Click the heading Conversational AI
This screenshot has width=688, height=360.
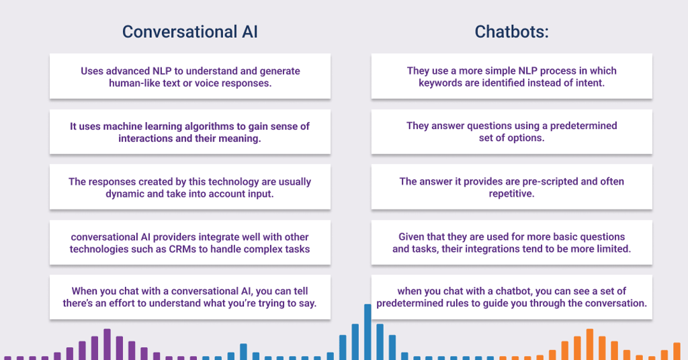190,32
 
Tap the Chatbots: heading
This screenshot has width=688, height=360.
511,32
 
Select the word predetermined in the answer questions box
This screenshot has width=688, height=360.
584,126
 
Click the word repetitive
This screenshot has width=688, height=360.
511,193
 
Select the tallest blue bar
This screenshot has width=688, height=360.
368,332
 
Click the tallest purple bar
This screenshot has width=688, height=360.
107,344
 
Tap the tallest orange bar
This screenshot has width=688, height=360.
590,344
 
